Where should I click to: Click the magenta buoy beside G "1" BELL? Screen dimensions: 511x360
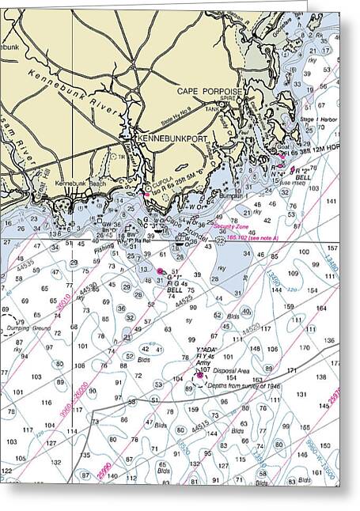tap(161, 271)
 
